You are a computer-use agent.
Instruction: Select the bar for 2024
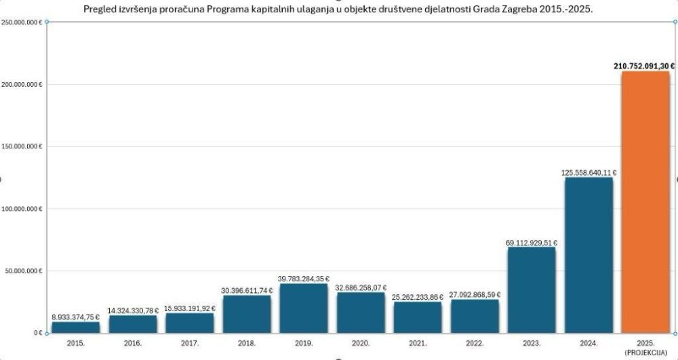tap(589, 255)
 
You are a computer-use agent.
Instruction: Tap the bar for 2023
tap(531, 290)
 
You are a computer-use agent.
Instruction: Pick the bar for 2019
tap(304, 308)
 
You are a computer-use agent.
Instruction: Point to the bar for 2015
tap(75, 327)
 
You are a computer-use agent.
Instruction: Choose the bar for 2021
tap(418, 317)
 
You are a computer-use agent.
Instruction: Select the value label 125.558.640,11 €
tap(589, 173)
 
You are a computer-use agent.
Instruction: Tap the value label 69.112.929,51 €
tap(532, 241)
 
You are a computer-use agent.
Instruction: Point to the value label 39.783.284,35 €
tap(304, 278)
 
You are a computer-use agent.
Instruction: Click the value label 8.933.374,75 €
tap(75, 317)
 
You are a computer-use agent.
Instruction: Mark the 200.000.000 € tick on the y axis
tap(22, 85)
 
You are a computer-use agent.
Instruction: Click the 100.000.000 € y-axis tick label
tap(22, 209)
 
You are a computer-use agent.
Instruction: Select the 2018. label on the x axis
tap(247, 343)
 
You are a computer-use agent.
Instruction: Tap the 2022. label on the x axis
tap(475, 343)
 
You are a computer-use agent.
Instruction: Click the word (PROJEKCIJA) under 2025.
tap(645, 351)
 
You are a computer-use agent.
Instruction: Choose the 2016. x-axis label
tap(133, 343)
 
